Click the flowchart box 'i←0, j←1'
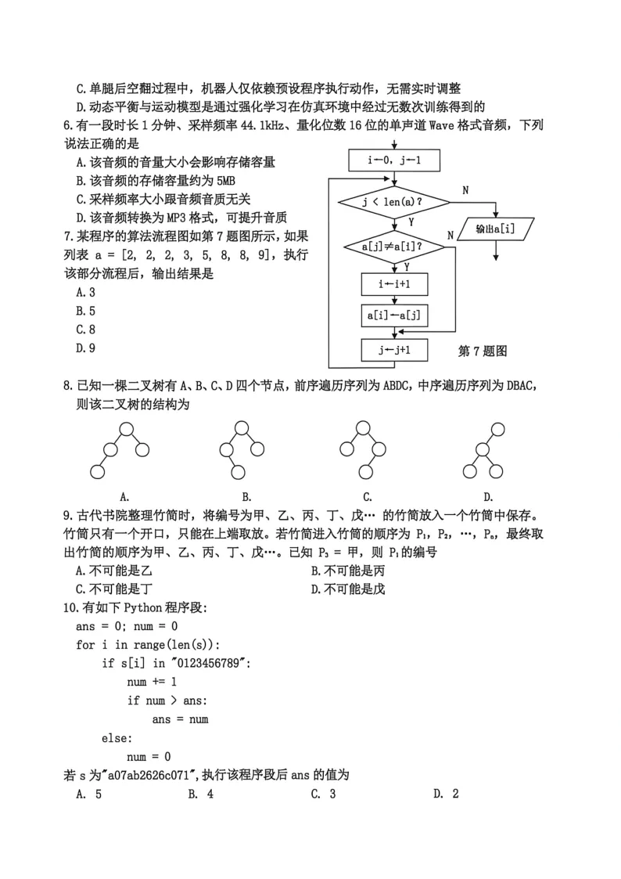coord(395,162)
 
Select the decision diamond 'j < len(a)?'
coord(395,203)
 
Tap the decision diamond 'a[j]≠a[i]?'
coord(395,247)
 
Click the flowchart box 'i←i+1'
coord(395,284)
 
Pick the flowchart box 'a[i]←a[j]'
coord(395,315)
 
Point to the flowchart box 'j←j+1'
coord(395,350)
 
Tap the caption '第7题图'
coord(482,351)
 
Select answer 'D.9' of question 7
coord(85,348)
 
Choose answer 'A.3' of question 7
coord(85,292)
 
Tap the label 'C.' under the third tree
coord(367,496)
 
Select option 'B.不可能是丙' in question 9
coord(347,571)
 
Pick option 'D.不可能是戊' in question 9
coord(347,589)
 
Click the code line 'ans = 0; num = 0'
coord(127,626)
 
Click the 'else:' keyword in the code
coord(117,738)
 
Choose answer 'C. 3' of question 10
coord(323,794)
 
